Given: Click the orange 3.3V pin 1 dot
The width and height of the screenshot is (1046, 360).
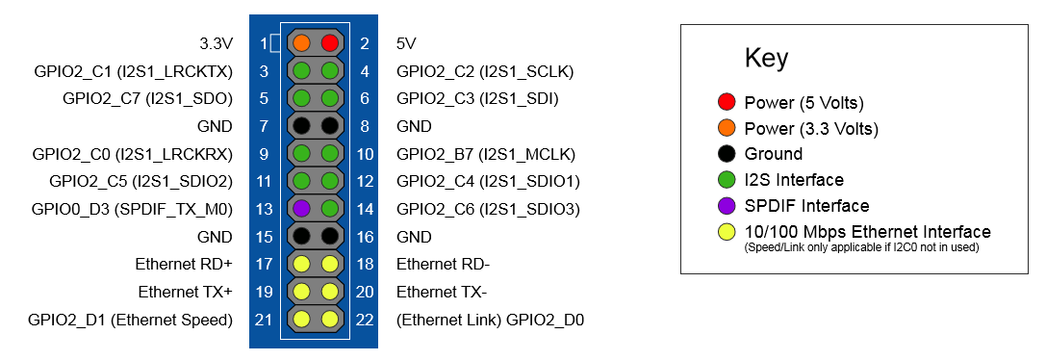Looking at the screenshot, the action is pyautogui.click(x=301, y=43).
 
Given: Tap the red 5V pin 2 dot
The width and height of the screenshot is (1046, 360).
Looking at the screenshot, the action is pyautogui.click(x=329, y=43).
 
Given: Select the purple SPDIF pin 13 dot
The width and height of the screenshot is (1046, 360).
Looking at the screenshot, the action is pyautogui.click(x=301, y=209).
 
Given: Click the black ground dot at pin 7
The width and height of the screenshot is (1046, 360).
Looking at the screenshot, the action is pyautogui.click(x=301, y=126).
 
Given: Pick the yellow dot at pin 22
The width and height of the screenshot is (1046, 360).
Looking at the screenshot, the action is pyautogui.click(x=329, y=320).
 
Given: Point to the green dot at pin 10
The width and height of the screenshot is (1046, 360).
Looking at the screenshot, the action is pyautogui.click(x=329, y=154).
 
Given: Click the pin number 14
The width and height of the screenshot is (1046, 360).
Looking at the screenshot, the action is pyautogui.click(x=365, y=209).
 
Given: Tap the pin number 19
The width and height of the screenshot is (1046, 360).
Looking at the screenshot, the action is pyautogui.click(x=265, y=292).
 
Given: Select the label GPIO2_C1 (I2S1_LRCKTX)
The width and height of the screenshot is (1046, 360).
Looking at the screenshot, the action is pyautogui.click(x=132, y=71).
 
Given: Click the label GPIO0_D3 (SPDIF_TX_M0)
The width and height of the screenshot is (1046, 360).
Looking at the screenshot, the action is pyautogui.click(x=132, y=209).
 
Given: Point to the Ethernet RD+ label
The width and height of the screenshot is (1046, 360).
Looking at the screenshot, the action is pyautogui.click(x=184, y=265).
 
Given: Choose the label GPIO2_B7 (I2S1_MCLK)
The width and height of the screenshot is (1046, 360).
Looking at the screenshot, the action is pyautogui.click(x=486, y=154).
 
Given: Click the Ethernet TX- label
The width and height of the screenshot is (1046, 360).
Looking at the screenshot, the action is pyautogui.click(x=441, y=292).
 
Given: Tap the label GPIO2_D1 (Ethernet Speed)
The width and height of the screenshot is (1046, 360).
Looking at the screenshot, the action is pyautogui.click(x=130, y=320).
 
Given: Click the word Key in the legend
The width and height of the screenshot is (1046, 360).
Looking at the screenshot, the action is pyautogui.click(x=767, y=59).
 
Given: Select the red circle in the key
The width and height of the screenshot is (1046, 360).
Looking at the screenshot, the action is pyautogui.click(x=727, y=103).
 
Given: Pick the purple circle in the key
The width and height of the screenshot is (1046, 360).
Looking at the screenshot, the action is pyautogui.click(x=727, y=206).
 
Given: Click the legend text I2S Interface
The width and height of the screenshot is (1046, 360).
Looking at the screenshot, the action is pyautogui.click(x=794, y=180).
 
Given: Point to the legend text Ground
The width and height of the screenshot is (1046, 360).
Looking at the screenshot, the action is pyautogui.click(x=773, y=154).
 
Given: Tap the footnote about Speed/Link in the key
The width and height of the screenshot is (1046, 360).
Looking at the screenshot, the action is pyautogui.click(x=860, y=247).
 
